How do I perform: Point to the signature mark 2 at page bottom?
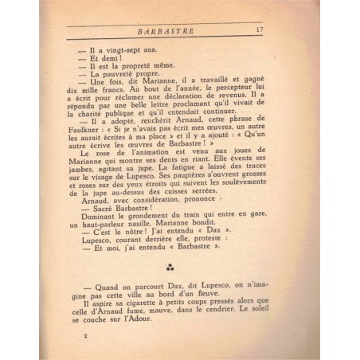(x=84, y=335)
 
